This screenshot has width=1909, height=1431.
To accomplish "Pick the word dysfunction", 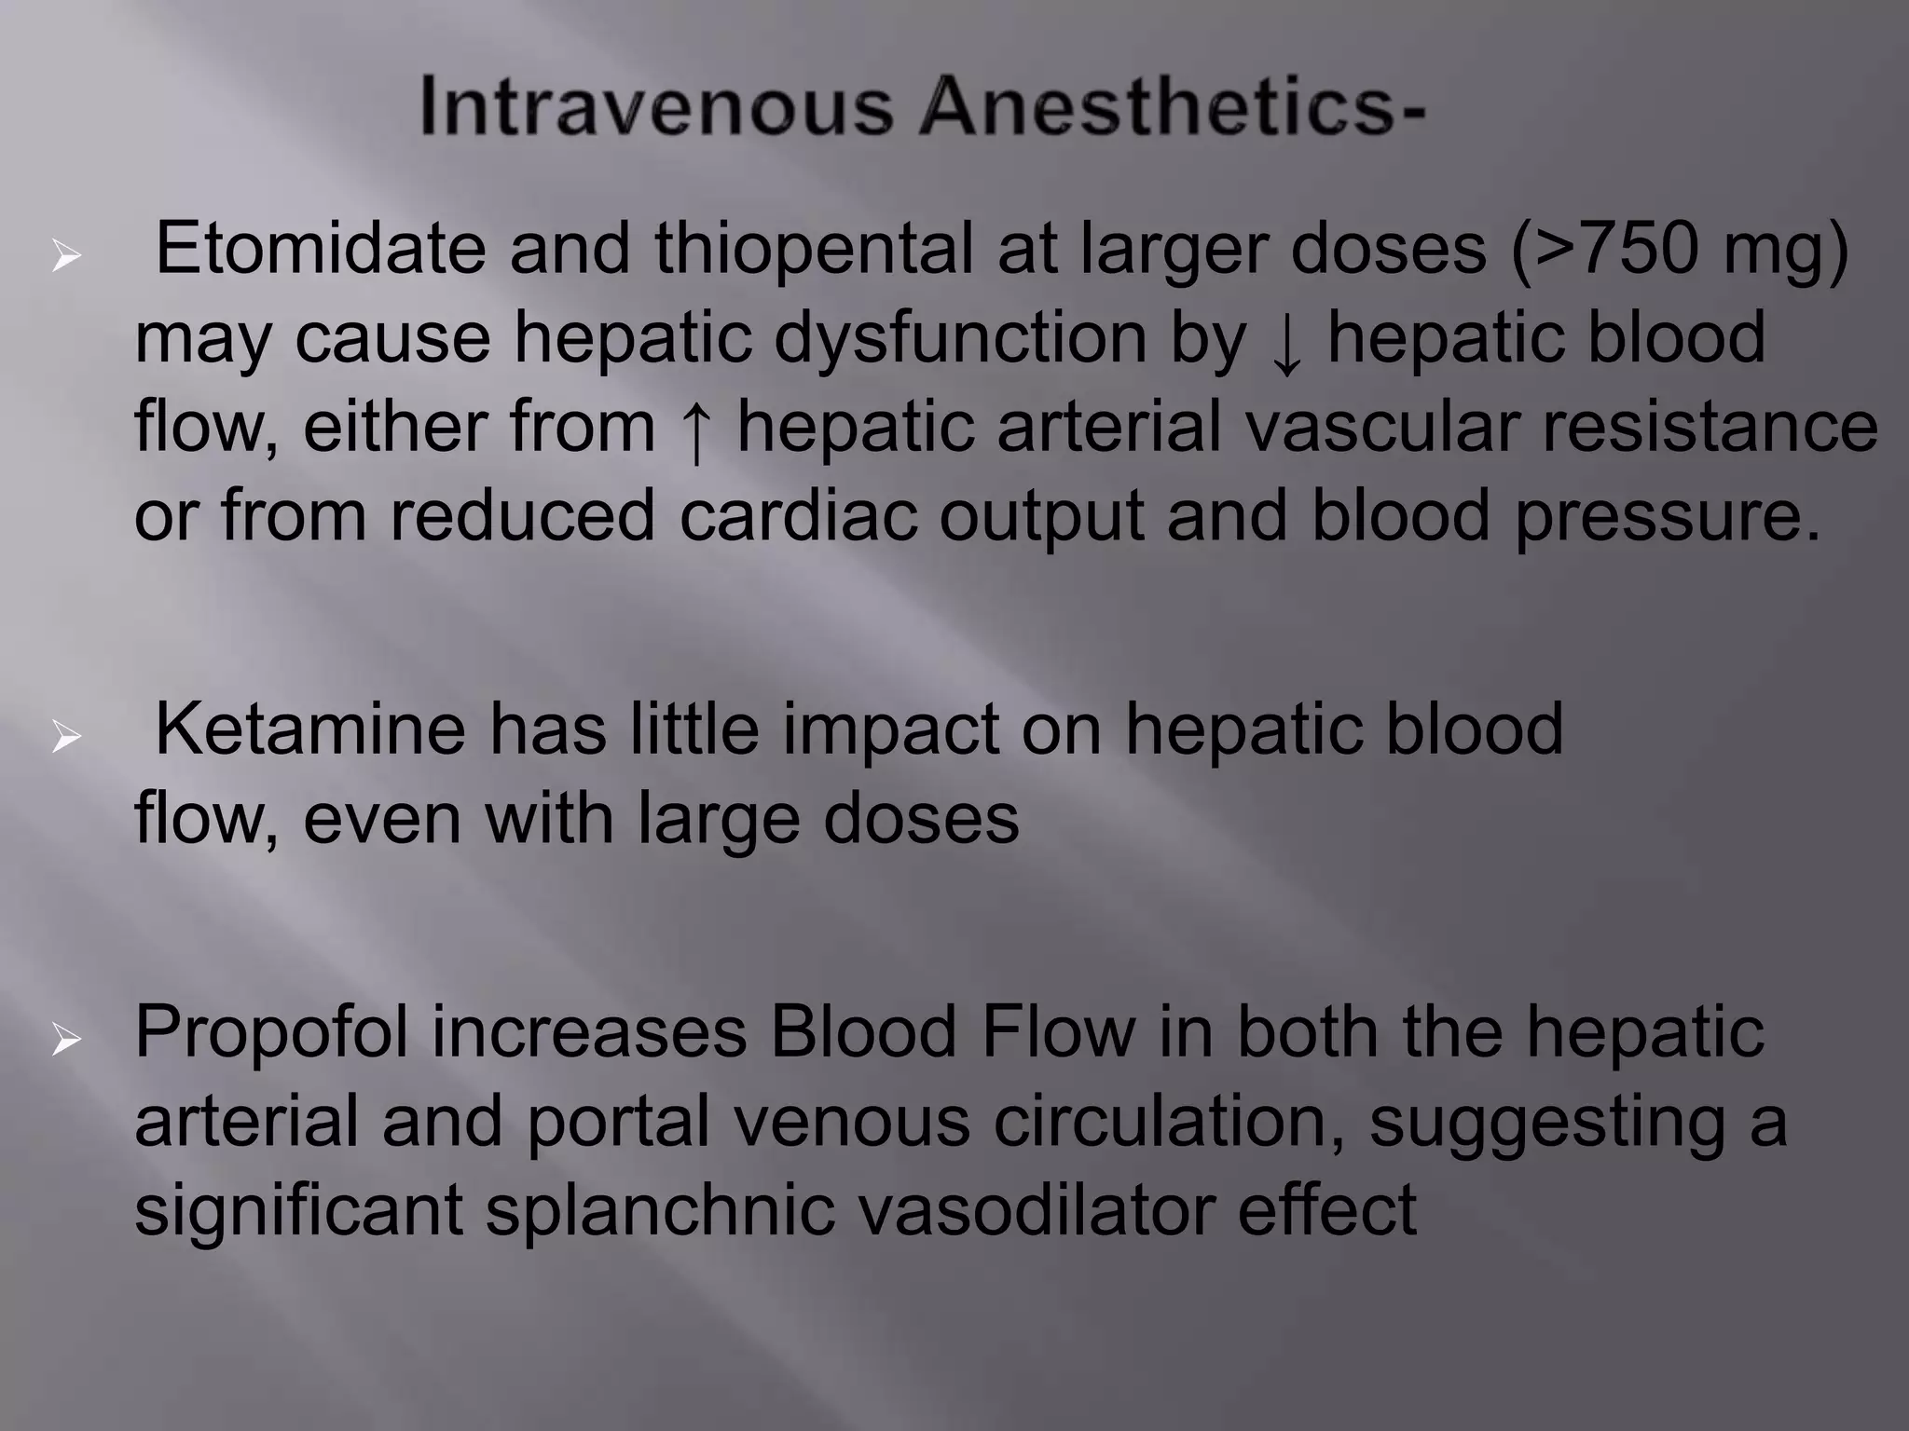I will point(960,339).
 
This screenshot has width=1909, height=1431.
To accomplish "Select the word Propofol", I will point(271,1033).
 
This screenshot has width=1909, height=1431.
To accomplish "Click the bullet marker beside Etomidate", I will point(66,255).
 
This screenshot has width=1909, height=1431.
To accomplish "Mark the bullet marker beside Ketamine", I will point(66,737).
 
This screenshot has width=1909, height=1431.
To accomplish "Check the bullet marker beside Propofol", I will point(66,1040).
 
